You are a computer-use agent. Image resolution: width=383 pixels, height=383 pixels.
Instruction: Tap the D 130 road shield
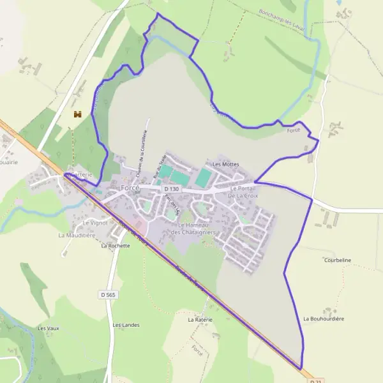172,189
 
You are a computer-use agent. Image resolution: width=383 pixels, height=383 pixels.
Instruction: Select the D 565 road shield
108,294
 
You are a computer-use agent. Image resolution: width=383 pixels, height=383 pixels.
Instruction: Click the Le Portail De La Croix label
243,192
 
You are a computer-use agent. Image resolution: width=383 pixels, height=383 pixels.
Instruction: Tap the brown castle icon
79,114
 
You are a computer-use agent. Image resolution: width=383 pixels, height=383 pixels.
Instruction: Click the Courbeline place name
338,260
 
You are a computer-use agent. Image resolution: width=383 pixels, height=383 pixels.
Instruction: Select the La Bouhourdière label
324,318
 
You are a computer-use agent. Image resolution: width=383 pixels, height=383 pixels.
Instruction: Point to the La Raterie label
200,319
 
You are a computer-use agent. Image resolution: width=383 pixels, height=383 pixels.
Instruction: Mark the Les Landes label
126,325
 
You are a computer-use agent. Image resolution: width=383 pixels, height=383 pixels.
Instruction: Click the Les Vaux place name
48,328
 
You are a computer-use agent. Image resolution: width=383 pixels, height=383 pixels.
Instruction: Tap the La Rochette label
115,246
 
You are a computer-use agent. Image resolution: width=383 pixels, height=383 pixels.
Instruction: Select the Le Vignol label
95,223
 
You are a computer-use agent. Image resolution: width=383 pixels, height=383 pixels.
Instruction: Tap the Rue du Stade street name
159,165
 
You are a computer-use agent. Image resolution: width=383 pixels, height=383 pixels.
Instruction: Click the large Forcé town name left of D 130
130,188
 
